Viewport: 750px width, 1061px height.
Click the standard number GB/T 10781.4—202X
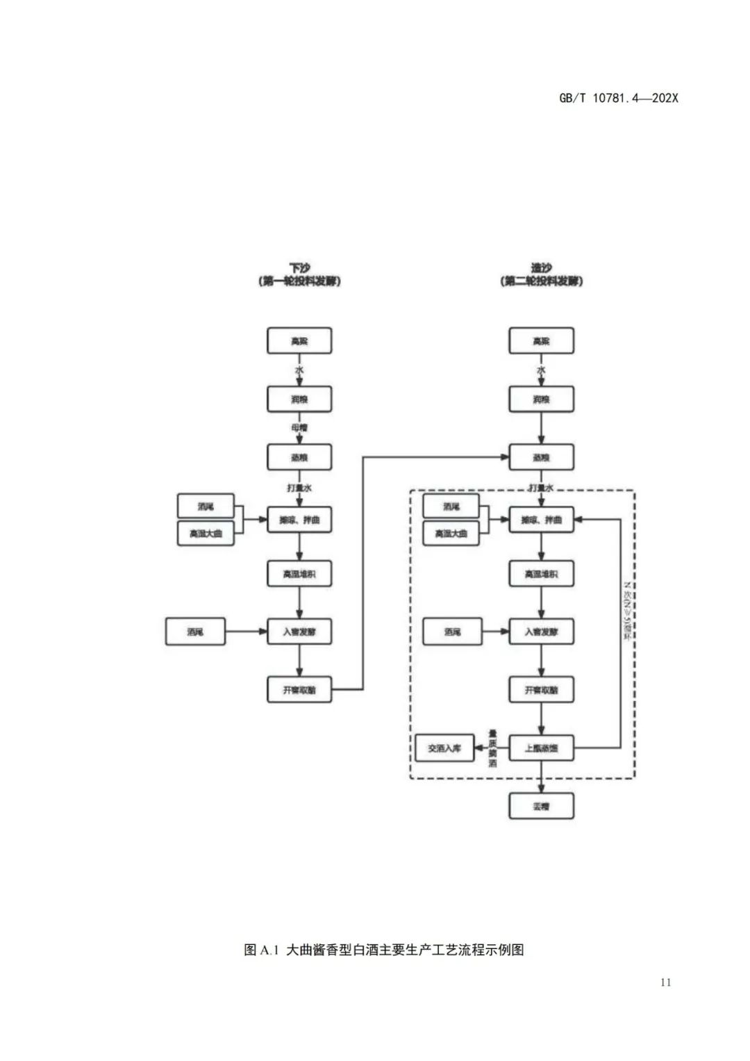pos(618,98)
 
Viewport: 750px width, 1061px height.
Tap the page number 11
pos(665,982)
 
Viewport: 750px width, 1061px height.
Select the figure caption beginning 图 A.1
pos(383,950)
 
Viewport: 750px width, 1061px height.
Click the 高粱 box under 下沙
pos(299,341)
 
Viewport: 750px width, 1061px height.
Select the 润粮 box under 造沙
pos(541,400)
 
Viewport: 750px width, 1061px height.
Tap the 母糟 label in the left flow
pos(299,428)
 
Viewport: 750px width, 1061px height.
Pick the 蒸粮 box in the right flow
pos(541,457)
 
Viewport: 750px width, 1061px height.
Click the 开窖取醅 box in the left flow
pos(299,690)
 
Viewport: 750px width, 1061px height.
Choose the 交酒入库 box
pos(444,748)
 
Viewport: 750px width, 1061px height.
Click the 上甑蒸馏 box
pos(541,748)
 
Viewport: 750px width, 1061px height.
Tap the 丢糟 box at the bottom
pos(541,807)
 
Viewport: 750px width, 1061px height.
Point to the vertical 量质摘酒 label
pos(492,748)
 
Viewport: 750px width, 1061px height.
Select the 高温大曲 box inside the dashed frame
pos(451,534)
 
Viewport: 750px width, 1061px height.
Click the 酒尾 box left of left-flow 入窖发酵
pos(195,632)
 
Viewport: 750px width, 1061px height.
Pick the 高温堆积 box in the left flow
pos(299,574)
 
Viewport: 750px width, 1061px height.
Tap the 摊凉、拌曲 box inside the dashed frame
pos(541,520)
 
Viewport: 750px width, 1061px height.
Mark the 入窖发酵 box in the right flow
pos(541,632)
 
